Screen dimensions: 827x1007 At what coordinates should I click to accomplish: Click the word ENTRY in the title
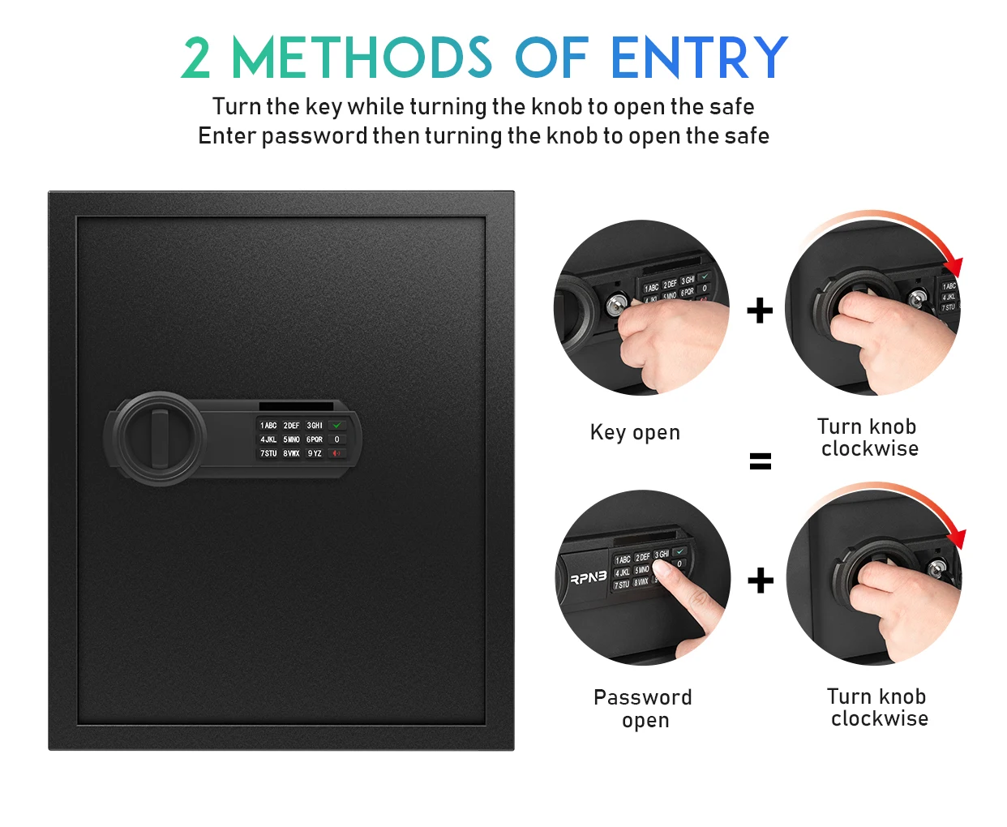[699, 58]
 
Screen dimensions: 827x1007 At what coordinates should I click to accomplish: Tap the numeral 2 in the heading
[197, 58]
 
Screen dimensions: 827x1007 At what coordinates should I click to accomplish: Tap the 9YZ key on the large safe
[315, 454]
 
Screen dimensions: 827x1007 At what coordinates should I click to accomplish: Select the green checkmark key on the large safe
[337, 425]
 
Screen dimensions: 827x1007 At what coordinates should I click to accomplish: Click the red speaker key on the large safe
[336, 454]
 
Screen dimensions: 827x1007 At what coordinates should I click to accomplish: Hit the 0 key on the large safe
[337, 439]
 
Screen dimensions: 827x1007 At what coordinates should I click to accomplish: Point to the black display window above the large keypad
[296, 406]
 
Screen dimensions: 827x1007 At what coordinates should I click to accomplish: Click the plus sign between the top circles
[760, 311]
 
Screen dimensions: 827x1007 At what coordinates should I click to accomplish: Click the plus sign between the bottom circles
[761, 581]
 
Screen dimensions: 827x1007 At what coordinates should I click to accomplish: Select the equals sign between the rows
[761, 461]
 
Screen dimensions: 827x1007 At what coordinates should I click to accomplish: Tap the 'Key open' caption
[635, 433]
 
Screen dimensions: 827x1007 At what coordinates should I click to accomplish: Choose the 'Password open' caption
[643, 708]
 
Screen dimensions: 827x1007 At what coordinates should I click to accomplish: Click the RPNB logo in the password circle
[588, 578]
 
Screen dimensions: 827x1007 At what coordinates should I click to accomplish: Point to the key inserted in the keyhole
[617, 306]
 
